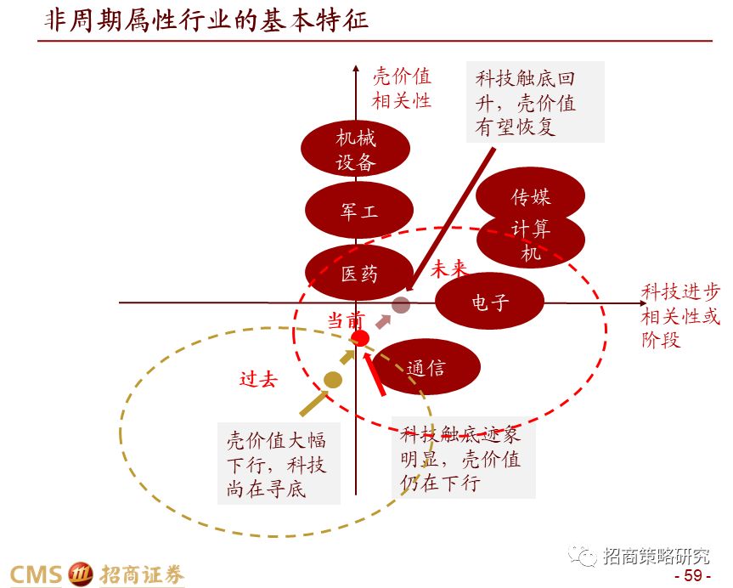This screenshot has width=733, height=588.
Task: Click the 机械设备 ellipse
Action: tap(356, 149)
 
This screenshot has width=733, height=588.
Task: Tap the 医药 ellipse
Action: tap(359, 273)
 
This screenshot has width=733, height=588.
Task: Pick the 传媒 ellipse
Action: tap(531, 195)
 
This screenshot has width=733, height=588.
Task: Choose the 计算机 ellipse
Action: tap(531, 241)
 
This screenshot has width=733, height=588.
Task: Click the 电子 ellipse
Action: tap(489, 301)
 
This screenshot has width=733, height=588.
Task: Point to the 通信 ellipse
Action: tap(426, 368)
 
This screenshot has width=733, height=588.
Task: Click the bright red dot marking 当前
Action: tap(361, 338)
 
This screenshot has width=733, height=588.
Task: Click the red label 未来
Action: tap(448, 269)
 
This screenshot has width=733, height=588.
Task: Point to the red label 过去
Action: tap(258, 379)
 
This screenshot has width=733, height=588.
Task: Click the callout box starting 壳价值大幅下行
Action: tap(278, 464)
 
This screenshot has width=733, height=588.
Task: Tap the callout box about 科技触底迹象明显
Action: tap(465, 460)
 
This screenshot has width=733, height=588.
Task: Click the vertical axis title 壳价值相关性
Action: tap(402, 88)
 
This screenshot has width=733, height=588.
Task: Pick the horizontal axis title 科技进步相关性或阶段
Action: tap(680, 316)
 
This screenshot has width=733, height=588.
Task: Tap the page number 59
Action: tap(692, 576)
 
